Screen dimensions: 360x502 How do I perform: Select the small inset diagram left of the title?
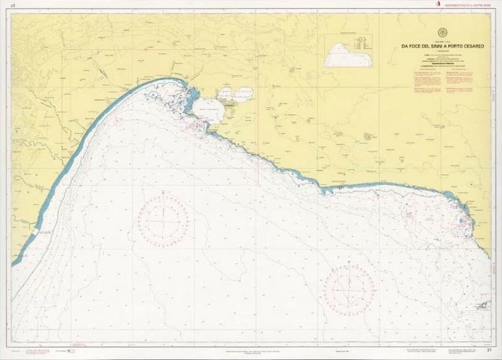click(348, 51)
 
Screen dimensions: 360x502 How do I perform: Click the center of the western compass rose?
click(164, 221)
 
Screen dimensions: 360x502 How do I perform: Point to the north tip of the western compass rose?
click(164, 193)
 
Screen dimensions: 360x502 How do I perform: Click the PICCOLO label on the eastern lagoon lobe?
click(244, 93)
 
